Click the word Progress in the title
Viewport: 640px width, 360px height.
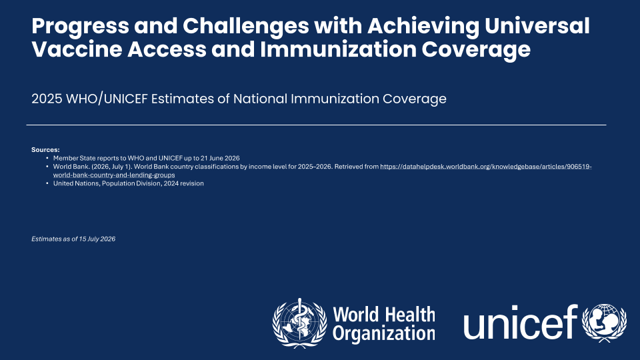pos(81,27)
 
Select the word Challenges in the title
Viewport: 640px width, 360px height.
pos(246,27)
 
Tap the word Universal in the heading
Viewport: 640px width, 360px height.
pos(537,26)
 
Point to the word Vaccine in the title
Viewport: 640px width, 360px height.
pos(77,49)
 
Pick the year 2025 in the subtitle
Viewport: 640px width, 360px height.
pos(47,99)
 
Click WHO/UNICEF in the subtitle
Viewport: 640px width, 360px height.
pos(107,99)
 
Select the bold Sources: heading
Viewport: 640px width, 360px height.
pos(45,150)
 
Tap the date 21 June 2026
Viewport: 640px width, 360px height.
pos(220,158)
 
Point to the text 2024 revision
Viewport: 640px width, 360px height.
pos(184,183)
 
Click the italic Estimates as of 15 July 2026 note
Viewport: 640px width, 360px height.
pos(73,239)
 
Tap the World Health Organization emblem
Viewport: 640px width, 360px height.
pos(299,323)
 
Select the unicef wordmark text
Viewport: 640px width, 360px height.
pos(521,322)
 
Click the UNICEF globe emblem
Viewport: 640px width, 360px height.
pos(605,323)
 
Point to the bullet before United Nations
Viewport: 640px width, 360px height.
pos(47,183)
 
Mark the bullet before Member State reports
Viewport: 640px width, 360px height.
pos(47,158)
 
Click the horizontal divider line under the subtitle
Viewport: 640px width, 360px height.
pos(316,125)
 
